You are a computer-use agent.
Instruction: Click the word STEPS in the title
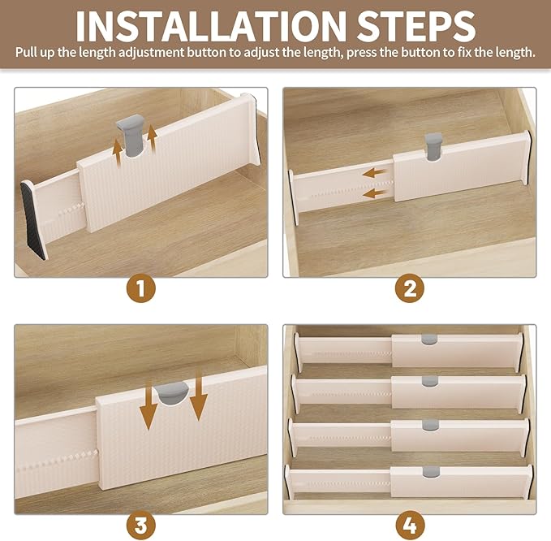pyautogui.click(x=416, y=27)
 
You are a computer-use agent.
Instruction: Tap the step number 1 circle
pyautogui.click(x=141, y=288)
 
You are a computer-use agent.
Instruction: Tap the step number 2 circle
pyautogui.click(x=409, y=288)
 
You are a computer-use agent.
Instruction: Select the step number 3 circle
pyautogui.click(x=141, y=526)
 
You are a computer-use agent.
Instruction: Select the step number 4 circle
pyautogui.click(x=410, y=526)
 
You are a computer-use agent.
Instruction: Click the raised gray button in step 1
pyautogui.click(x=131, y=136)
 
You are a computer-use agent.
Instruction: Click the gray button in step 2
pyautogui.click(x=433, y=146)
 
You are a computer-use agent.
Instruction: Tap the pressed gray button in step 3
pyautogui.click(x=172, y=393)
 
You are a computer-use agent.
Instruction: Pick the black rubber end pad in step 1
pyautogui.click(x=33, y=220)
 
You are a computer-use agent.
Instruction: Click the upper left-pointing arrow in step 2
pyautogui.click(x=374, y=173)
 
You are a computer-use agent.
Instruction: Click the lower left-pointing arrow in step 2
pyautogui.click(x=374, y=193)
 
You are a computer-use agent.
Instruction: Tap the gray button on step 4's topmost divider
pyautogui.click(x=429, y=340)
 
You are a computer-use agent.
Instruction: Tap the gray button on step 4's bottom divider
pyautogui.click(x=431, y=472)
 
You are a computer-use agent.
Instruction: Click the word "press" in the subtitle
pyautogui.click(x=361, y=54)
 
